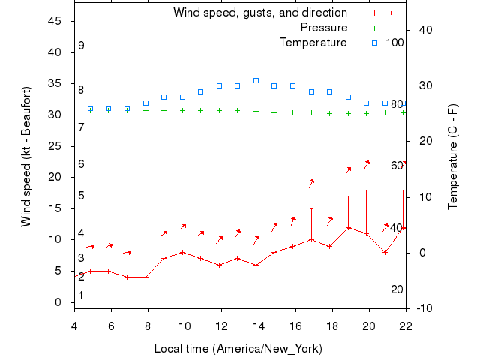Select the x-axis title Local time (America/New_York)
point(238,349)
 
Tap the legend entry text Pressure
point(323,28)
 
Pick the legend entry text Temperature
point(313,43)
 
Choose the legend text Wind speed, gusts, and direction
point(259,13)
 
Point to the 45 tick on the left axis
point(54,21)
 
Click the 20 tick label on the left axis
point(54,177)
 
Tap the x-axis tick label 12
point(220,325)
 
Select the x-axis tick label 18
point(331,325)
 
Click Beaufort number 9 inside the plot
point(81,46)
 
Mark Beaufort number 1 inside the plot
point(81,295)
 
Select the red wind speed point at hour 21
point(385,252)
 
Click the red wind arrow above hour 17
point(311,183)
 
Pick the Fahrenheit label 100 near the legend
point(394,42)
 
